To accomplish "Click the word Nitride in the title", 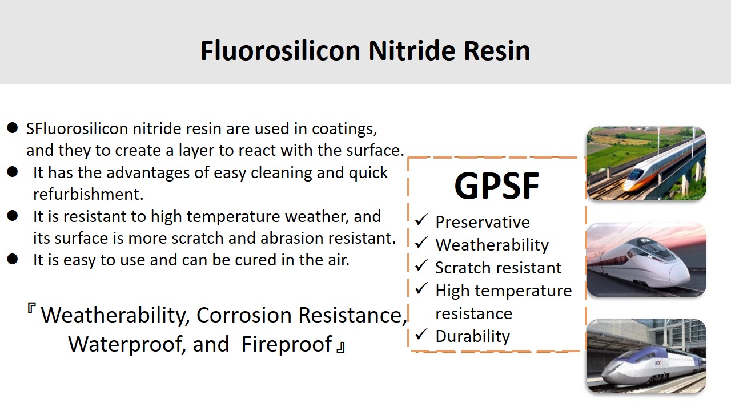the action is (x=412, y=51).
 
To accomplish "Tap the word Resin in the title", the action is (x=497, y=51).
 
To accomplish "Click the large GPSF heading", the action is (x=497, y=186).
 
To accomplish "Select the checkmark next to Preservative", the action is (x=421, y=220).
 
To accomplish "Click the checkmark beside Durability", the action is (x=421, y=334).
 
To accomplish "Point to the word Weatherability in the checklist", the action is (x=492, y=245).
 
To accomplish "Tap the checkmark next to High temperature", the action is (x=421, y=288).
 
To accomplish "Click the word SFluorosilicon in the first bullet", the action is (x=77, y=128).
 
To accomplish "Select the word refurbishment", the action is (x=89, y=194).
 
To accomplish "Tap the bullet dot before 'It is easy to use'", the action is (x=13, y=259).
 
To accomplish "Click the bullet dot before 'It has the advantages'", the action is (x=13, y=172).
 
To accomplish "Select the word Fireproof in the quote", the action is (x=287, y=344).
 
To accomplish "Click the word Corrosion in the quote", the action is (x=244, y=315).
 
